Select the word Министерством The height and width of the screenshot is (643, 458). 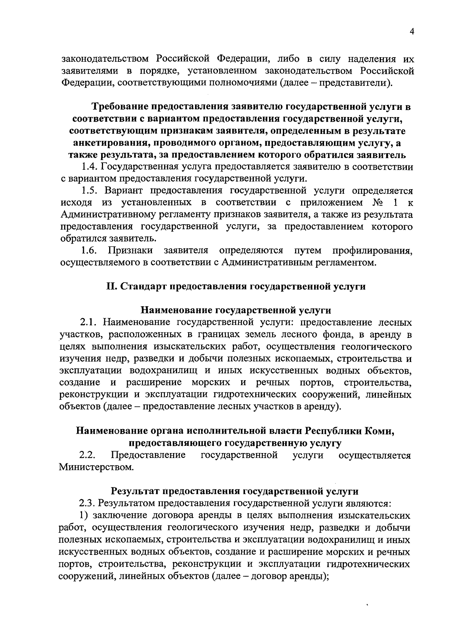pyautogui.click(x=96, y=467)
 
